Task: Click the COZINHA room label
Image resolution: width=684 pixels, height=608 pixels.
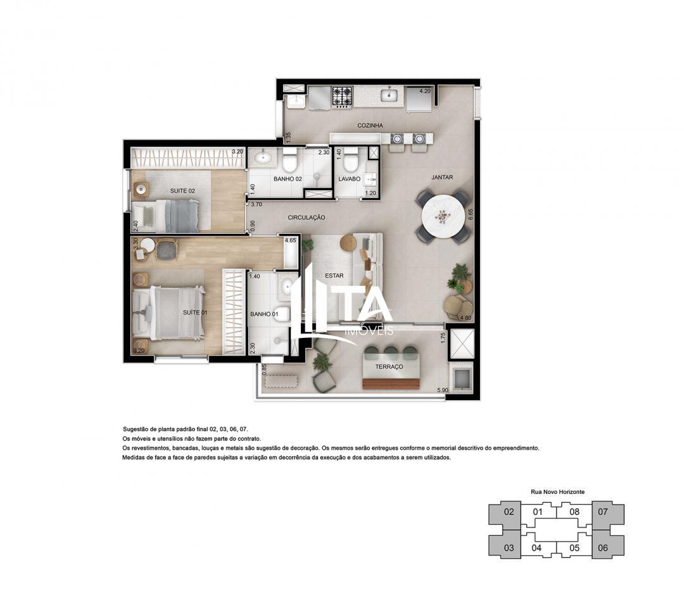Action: click(370, 126)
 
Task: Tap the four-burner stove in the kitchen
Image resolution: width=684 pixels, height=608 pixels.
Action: click(343, 96)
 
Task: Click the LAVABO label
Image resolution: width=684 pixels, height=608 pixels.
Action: click(349, 179)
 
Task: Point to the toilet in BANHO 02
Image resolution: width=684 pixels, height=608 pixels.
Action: click(290, 163)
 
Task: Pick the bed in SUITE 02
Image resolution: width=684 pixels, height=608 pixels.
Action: click(171, 216)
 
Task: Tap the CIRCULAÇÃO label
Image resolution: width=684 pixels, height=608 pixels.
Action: click(307, 217)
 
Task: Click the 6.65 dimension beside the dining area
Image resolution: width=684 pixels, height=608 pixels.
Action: click(471, 215)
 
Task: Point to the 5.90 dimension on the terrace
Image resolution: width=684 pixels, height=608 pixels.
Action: click(442, 390)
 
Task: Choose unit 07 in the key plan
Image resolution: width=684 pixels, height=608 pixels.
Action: click(602, 512)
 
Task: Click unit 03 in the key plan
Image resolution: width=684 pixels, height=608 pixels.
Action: click(509, 548)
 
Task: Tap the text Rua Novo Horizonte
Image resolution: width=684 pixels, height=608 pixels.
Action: click(557, 491)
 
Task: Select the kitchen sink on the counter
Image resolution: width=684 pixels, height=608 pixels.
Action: click(389, 96)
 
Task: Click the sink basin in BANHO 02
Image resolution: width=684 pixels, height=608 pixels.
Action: click(261, 157)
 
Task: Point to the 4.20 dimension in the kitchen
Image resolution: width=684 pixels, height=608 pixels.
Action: click(424, 91)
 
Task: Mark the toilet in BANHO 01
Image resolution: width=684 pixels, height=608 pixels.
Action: click(282, 314)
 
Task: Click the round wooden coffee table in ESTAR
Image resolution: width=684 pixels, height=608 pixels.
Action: click(348, 243)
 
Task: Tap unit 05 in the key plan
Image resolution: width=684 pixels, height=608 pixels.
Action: click(574, 548)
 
